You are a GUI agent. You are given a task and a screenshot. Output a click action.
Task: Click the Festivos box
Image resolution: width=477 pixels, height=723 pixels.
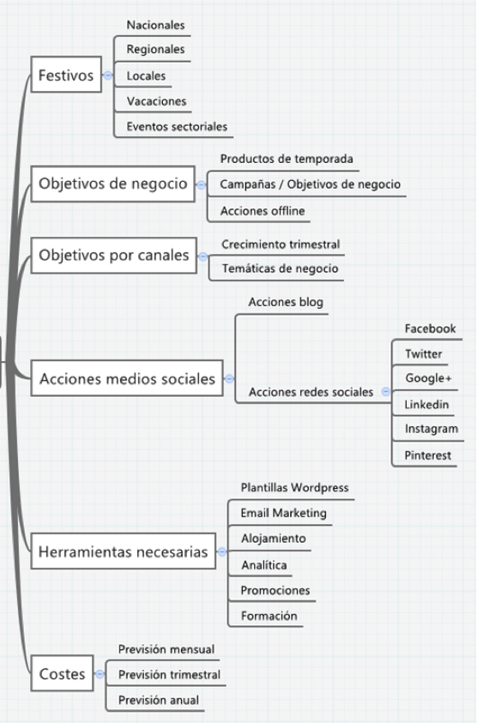tap(65, 75)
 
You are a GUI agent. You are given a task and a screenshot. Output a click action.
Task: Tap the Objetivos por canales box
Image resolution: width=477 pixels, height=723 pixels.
tap(114, 256)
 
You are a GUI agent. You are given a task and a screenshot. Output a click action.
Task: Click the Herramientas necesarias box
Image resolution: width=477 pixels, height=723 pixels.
tap(124, 553)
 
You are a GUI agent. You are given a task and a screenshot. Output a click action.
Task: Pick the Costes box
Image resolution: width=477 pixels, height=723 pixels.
tap(63, 674)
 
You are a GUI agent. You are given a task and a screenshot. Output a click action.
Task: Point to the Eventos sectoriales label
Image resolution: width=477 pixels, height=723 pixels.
tap(177, 126)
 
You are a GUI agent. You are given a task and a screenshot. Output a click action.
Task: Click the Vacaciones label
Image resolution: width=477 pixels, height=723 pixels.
tap(156, 101)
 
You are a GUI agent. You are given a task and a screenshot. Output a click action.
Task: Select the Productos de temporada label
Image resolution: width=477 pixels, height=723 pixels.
tap(287, 159)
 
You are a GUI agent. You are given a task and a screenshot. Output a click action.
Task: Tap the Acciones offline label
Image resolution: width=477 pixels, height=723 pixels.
tap(263, 211)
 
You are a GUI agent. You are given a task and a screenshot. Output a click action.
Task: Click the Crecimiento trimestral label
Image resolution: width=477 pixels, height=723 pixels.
tap(281, 244)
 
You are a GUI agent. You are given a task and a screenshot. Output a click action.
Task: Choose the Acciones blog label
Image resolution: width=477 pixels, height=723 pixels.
tap(286, 303)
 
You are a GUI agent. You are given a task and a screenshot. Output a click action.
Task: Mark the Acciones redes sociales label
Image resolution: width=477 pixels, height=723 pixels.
tap(311, 392)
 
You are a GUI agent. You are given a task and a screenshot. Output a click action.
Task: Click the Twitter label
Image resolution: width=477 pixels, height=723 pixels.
tap(423, 353)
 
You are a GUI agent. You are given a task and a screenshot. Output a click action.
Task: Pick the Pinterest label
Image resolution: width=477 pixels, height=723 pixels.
tap(427, 455)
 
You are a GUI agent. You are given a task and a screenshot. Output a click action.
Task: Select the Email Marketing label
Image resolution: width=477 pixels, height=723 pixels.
tap(283, 513)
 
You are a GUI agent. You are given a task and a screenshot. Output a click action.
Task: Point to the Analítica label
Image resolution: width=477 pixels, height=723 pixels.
tap(264, 565)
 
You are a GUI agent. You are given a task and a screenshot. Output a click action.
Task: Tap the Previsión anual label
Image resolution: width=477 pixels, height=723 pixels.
tap(159, 700)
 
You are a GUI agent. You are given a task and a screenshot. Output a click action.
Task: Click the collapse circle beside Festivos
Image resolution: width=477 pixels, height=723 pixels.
tap(107, 75)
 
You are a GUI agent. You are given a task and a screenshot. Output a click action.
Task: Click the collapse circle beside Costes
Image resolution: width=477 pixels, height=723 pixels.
tap(100, 674)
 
